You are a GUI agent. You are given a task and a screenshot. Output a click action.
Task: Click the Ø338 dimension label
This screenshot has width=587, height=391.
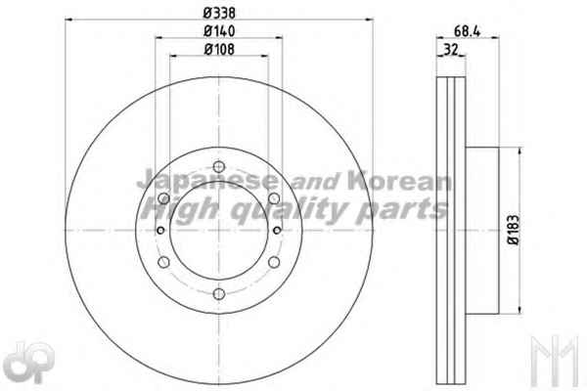coord(219,13)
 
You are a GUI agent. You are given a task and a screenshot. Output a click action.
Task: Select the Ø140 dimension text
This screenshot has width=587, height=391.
coord(219,31)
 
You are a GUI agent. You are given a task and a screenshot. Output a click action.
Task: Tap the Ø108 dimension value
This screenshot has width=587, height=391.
coord(219,49)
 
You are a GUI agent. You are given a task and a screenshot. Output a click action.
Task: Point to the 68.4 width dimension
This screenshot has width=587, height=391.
coord(467,31)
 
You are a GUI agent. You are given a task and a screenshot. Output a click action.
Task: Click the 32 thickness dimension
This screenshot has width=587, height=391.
coord(451,50)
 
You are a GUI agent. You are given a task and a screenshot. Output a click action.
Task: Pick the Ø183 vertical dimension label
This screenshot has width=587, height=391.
coord(514,229)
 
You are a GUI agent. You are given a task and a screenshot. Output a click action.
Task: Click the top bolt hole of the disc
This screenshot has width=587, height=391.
coord(219,166)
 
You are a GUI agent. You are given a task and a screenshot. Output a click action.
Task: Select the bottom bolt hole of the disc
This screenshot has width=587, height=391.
coord(219,293)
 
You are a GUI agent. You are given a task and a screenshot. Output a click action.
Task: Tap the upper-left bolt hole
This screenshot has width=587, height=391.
coord(163,198)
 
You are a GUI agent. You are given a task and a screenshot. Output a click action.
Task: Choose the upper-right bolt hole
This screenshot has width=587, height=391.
coord(274,198)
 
